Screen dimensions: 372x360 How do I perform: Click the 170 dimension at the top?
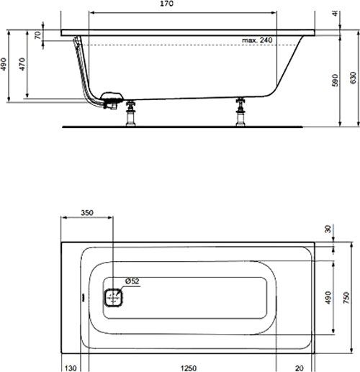184,5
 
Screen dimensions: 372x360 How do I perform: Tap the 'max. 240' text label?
257,40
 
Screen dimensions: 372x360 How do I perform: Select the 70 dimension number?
37,36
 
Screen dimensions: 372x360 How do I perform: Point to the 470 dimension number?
23,65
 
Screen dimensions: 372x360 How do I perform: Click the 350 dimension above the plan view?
86,214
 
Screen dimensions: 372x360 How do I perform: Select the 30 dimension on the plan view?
329,230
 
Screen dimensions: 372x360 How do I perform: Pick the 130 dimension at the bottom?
71,367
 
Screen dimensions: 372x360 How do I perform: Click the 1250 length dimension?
188,367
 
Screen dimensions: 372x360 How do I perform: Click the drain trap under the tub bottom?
112,100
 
